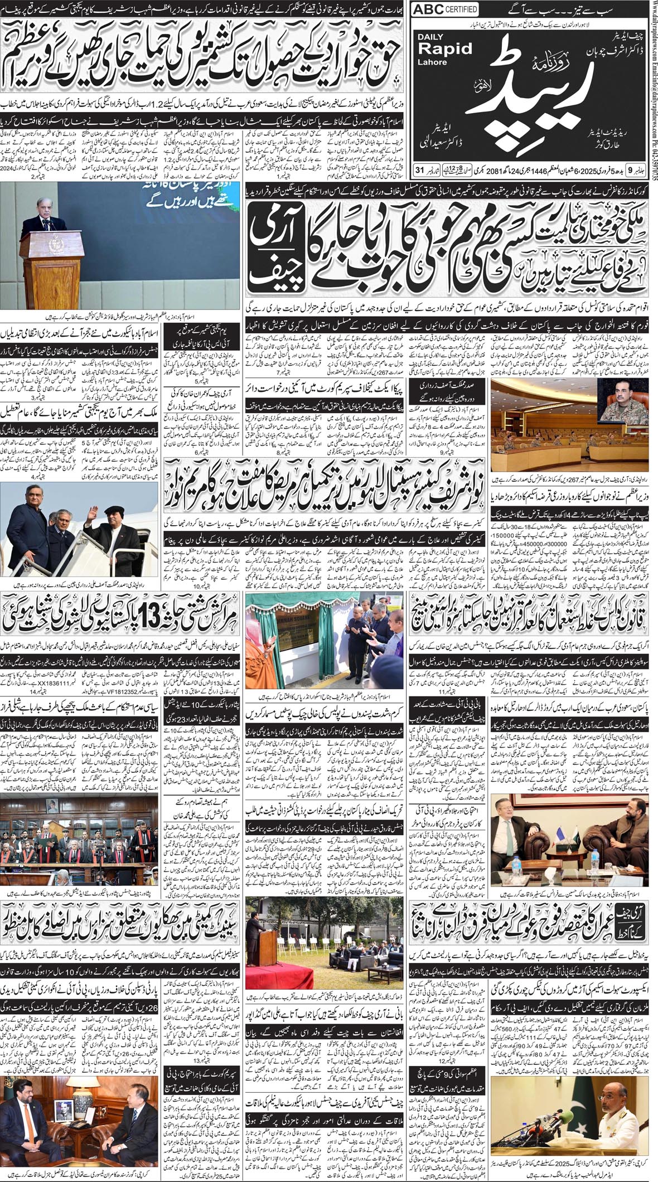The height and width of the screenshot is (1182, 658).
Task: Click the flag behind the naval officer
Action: pos(641,1110)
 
